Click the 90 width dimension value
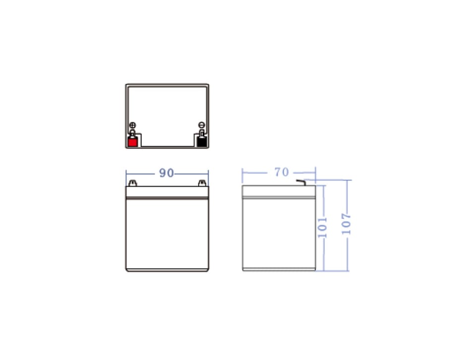click(167, 173)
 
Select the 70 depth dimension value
click(282, 172)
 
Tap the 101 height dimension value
click(322, 227)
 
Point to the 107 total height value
click(346, 224)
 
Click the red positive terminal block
click(133, 142)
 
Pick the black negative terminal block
click(202, 142)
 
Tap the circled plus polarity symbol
click(133, 125)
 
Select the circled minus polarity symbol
click(202, 125)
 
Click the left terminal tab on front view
click(133, 183)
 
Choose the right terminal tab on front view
click(202, 183)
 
